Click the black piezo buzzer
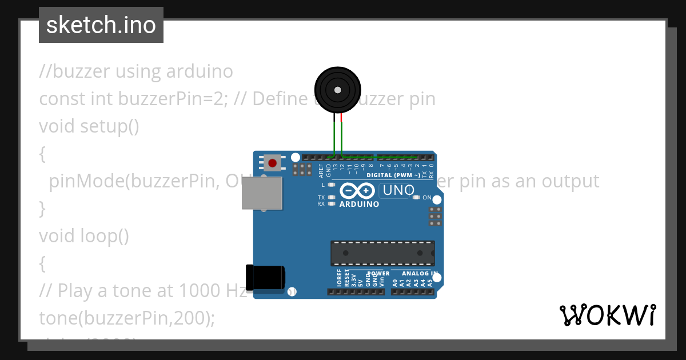[338, 90]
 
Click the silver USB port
[262, 193]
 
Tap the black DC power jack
[265, 277]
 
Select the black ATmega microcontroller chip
[382, 253]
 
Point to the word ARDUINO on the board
[359, 204]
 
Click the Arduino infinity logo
[357, 190]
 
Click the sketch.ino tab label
[101, 25]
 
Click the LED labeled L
[331, 185]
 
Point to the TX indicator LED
[331, 197]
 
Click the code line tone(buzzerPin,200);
[127, 318]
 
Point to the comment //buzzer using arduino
[136, 71]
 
